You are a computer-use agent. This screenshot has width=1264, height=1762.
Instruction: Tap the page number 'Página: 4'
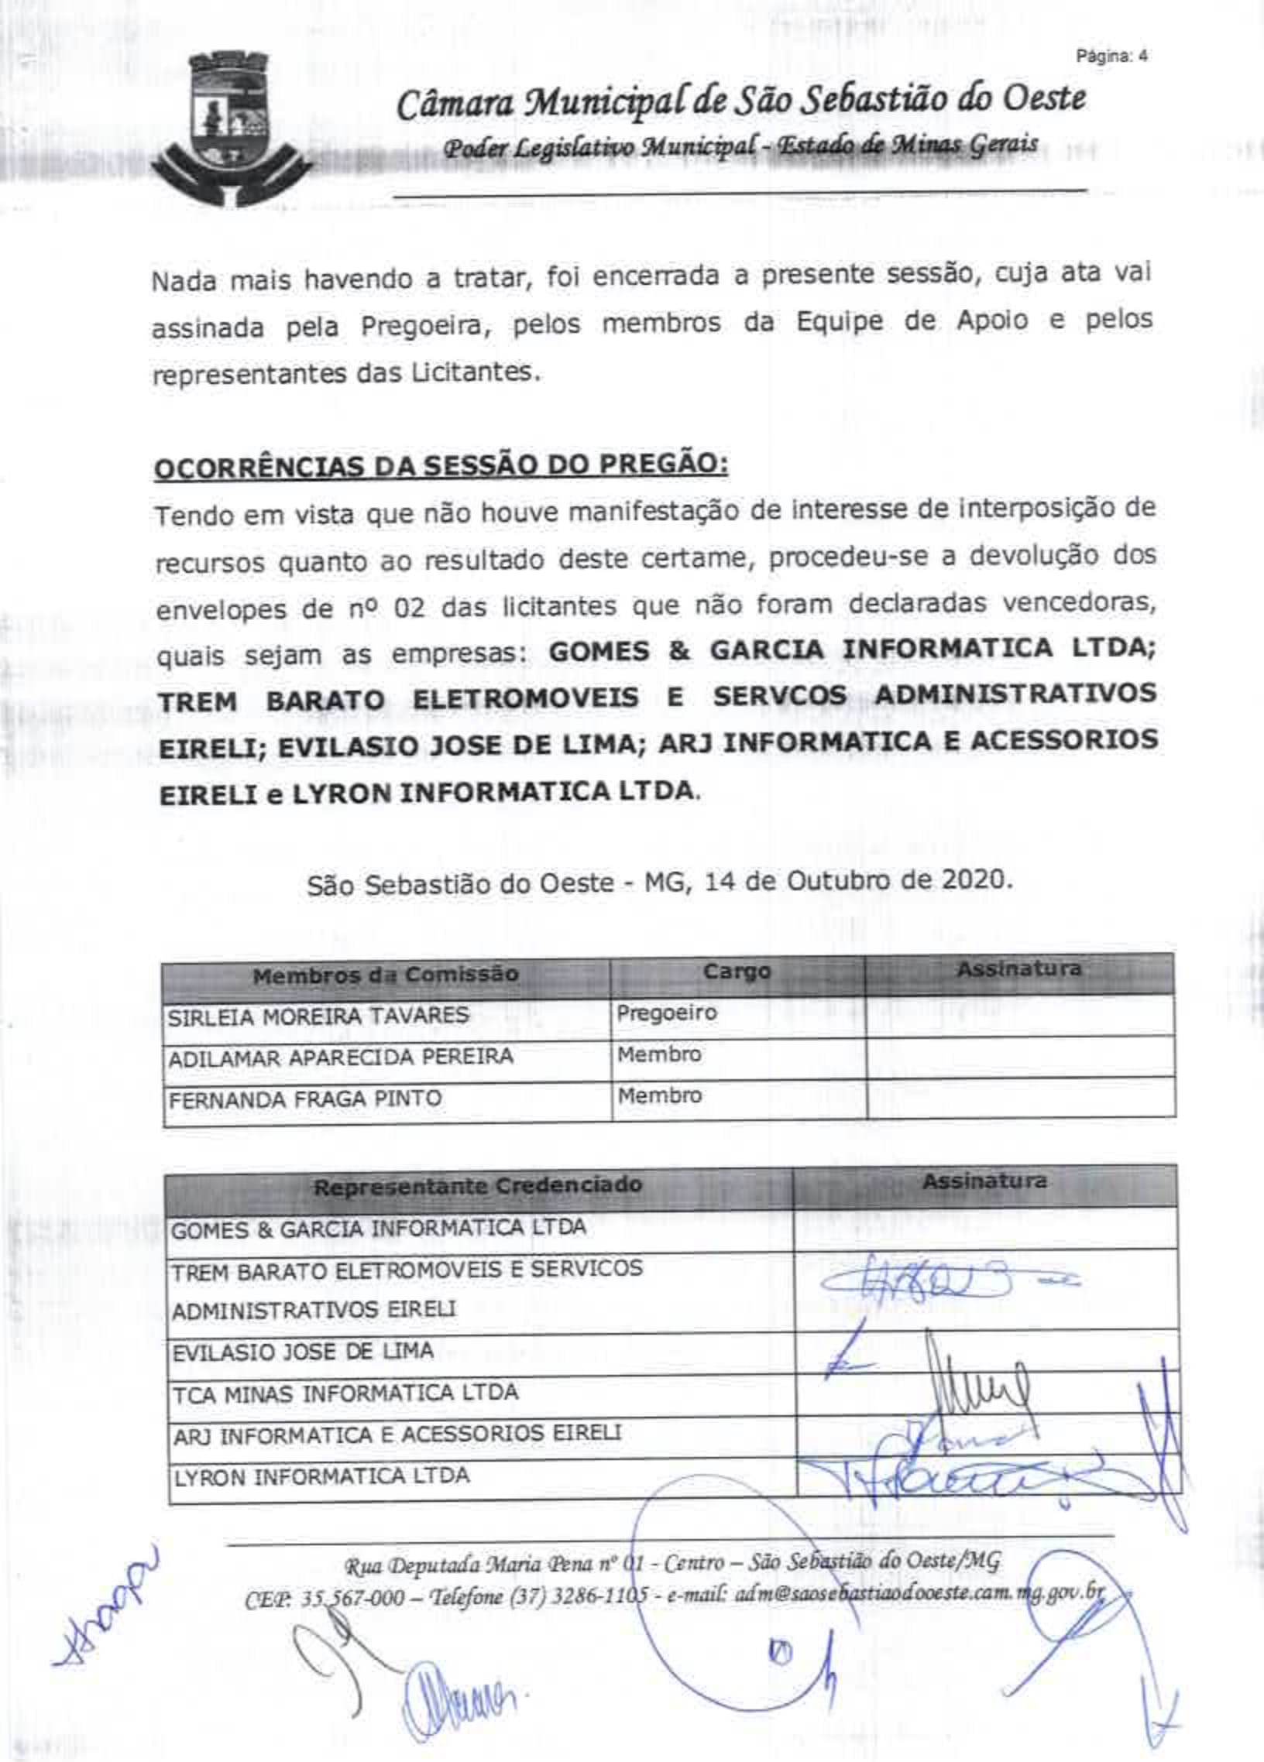pos(1111,56)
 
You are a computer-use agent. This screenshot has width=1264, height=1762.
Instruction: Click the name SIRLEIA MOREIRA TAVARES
pos(319,1016)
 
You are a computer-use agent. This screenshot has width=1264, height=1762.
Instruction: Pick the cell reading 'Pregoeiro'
pos(666,1013)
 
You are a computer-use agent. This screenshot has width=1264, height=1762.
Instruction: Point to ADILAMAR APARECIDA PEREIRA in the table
pos(341,1057)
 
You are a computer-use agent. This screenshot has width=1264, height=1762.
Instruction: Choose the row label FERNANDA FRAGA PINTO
pos(304,1098)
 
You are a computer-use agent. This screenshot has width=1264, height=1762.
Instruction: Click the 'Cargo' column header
pos(736,972)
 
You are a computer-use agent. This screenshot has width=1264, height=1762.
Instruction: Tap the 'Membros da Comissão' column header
pos(386,974)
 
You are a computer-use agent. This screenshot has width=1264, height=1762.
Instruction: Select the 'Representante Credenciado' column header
pos(477,1185)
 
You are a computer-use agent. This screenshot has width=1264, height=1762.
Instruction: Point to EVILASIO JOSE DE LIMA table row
pos(302,1350)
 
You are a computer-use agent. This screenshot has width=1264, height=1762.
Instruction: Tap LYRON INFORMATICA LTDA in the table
pos(321,1476)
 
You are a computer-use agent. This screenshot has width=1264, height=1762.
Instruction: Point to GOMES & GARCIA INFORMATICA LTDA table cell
pos(378,1229)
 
